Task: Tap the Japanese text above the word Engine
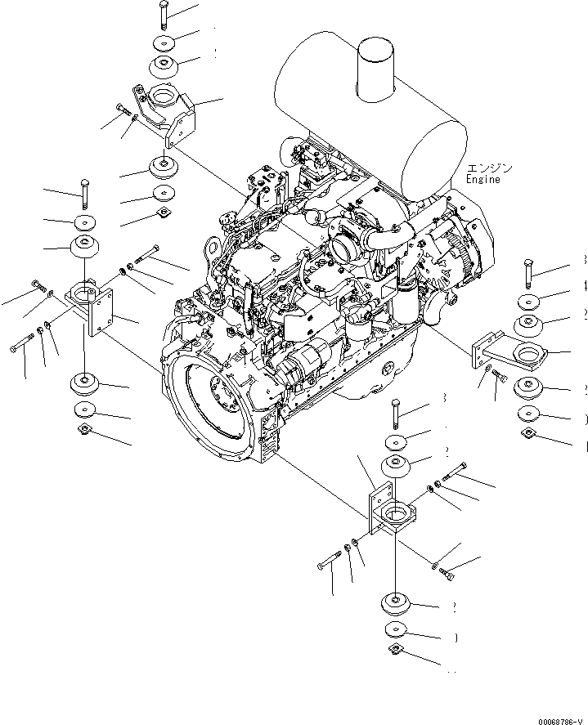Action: [489, 167]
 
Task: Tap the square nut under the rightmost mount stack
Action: [528, 434]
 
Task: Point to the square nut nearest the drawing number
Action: [395, 650]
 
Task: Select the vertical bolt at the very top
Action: [164, 16]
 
